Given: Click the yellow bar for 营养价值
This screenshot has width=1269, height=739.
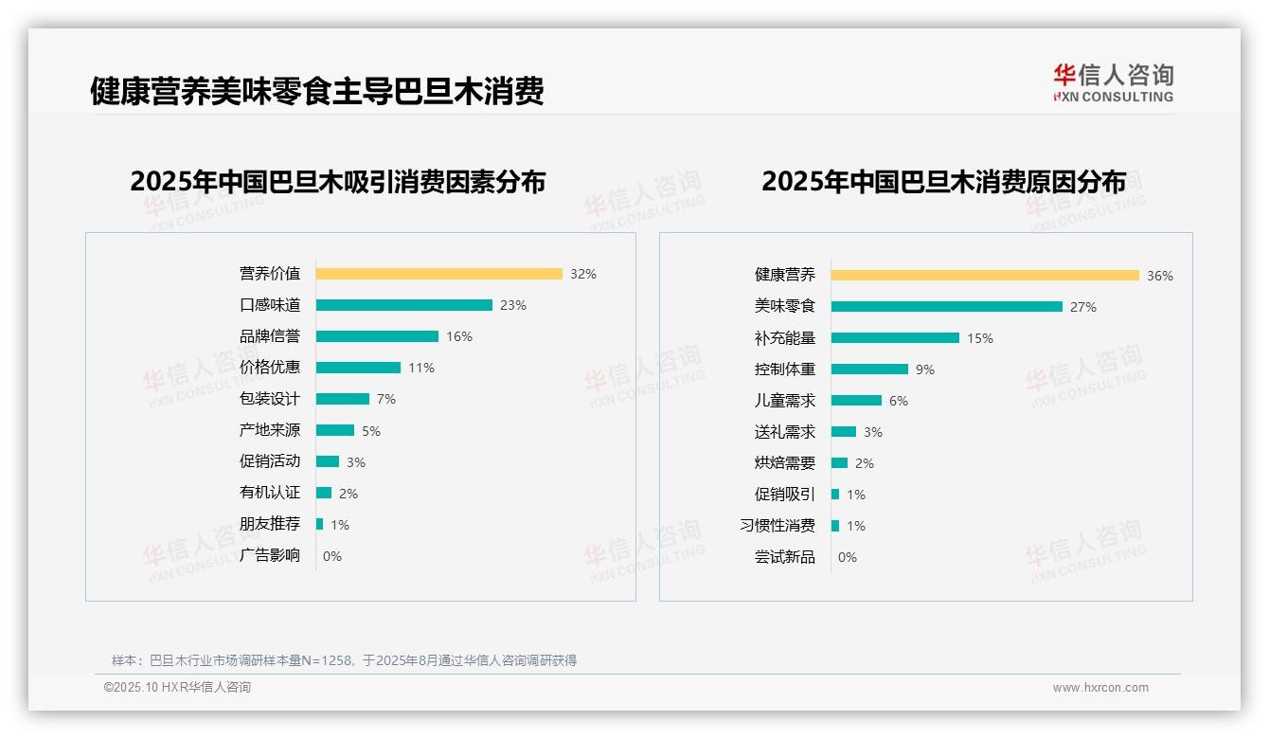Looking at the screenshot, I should (438, 274).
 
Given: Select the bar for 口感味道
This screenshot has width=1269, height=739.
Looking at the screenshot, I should (403, 305).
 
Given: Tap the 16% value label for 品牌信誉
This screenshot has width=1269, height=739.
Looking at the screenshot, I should (459, 336).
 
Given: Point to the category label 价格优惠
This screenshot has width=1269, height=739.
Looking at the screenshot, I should (270, 368).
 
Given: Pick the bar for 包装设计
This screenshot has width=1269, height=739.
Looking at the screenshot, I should (342, 399).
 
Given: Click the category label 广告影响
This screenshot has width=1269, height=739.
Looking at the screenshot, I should (270, 555).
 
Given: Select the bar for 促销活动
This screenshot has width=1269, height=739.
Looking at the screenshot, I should (327, 461).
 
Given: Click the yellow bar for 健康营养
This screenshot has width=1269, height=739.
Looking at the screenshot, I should (985, 276).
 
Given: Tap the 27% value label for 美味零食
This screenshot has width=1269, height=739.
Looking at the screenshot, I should (1083, 307).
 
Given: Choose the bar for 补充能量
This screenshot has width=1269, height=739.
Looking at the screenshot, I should (895, 337).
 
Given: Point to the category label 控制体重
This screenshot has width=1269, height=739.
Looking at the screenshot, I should (785, 369).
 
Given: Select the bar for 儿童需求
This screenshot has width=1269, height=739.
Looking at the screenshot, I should (856, 401).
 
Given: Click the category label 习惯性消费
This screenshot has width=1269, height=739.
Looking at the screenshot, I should (777, 526).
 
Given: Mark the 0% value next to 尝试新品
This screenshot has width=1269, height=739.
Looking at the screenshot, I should (848, 557).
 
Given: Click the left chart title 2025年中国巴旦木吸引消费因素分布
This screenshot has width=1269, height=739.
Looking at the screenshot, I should (338, 182).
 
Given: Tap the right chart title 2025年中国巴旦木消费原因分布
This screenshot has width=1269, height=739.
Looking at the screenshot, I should (943, 182).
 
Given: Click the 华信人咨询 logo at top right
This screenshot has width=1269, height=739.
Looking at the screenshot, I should (1113, 82).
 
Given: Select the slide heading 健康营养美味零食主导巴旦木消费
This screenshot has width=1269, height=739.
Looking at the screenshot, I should (317, 92).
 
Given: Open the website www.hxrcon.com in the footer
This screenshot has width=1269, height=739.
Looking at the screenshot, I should (1100, 688).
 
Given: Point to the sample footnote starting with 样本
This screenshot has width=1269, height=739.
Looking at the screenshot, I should (344, 660).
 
